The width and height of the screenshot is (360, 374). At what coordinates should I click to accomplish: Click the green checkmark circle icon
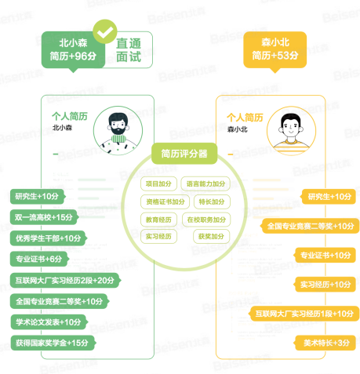pos(105,31)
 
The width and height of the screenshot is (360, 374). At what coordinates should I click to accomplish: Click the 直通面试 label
pos(129,50)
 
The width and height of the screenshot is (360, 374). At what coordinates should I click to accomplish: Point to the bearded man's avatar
pos(118,131)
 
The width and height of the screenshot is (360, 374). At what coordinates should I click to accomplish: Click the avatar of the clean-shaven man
pos(291,131)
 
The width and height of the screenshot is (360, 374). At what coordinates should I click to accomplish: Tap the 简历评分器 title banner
pos(184,154)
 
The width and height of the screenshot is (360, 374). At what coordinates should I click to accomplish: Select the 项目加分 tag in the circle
pos(158,183)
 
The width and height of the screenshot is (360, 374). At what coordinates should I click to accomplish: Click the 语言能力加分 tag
pos(205,183)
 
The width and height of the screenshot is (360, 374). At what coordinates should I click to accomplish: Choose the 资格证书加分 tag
pos(165,202)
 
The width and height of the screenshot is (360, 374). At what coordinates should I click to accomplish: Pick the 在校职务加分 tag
pos(206,220)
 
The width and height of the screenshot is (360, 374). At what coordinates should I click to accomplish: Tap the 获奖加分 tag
pos(211,237)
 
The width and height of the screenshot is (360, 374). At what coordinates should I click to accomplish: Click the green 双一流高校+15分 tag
pos(44,217)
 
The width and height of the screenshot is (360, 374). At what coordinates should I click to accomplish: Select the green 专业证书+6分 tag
pos(39,259)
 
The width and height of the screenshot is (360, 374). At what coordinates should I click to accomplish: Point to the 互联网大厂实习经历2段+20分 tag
pos(65,281)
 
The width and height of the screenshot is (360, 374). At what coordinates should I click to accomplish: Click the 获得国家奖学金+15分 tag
pos(53,343)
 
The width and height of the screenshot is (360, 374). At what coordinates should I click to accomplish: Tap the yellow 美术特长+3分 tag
pos(325,343)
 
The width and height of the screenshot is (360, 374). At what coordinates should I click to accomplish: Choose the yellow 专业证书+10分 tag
pos(325,255)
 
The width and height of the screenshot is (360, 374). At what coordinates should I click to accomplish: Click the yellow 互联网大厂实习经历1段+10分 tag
pos(304,314)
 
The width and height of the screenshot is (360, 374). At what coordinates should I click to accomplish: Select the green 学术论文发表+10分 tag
pos(49,322)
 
